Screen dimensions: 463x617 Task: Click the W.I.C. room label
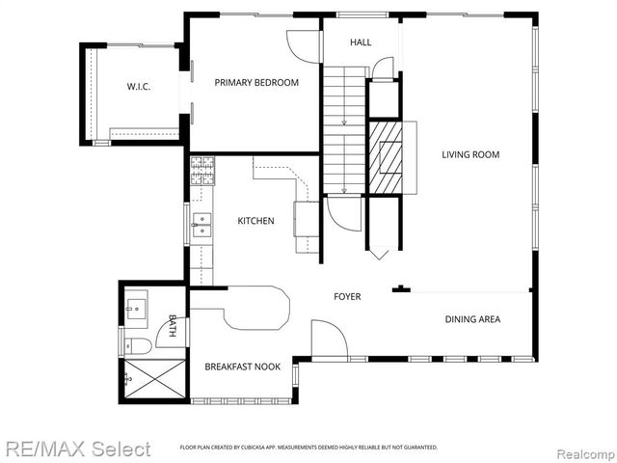(x=139, y=87)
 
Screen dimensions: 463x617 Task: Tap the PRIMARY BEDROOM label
(x=256, y=83)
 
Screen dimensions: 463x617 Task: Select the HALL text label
(x=361, y=42)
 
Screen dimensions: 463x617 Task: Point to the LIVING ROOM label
(x=470, y=154)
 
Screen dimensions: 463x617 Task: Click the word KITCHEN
(x=256, y=221)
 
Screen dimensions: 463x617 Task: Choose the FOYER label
(x=347, y=296)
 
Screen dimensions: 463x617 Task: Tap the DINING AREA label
(x=472, y=320)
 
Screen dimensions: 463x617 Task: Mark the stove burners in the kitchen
(x=201, y=171)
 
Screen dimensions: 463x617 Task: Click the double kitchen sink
(x=202, y=225)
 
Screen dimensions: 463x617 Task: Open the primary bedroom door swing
(x=301, y=46)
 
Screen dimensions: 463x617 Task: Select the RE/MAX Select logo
(x=76, y=449)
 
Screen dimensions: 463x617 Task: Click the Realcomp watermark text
(x=580, y=449)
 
